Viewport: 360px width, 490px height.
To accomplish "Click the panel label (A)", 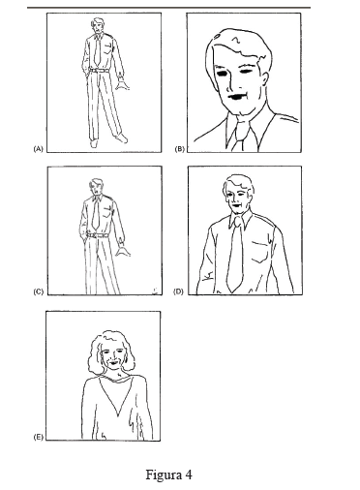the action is tap(38, 149).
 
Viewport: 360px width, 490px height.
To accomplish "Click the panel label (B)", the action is tap(179, 149).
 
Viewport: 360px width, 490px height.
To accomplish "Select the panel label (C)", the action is tap(38, 291).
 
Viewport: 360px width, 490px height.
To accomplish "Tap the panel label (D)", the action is tap(178, 291).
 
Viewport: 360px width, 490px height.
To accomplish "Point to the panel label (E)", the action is tap(38, 438).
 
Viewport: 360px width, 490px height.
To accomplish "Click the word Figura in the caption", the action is tap(163, 475).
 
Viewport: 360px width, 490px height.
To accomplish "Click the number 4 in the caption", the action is tap(189, 475).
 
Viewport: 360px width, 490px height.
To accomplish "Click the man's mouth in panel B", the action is tap(237, 97).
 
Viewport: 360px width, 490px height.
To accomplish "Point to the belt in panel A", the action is tap(99, 71).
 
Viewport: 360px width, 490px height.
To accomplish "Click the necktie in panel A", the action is tap(97, 50).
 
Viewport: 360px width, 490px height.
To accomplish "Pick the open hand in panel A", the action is tap(122, 85).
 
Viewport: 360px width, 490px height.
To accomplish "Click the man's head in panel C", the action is tap(96, 187).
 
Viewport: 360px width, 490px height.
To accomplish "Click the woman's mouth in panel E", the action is tap(113, 363).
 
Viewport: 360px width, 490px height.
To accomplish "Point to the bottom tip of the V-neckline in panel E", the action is tap(118, 414).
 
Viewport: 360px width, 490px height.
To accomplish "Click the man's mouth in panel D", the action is tap(238, 204).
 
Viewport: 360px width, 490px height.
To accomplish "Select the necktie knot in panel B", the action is tap(241, 126).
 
